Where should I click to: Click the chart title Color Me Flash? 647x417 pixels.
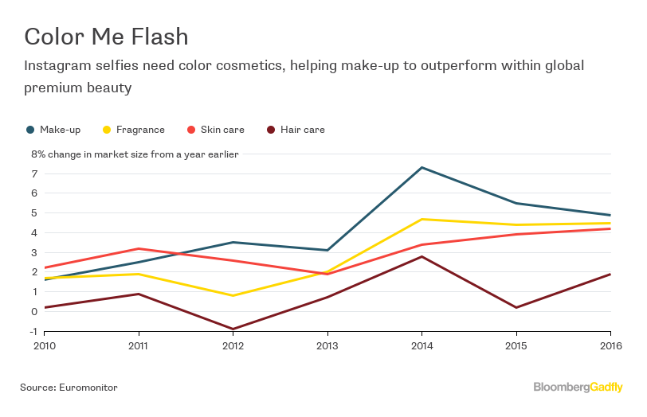(106, 37)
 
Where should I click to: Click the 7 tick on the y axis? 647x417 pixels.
(35, 173)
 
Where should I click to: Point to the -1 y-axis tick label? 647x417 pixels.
(33, 331)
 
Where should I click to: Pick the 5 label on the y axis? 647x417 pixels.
(35, 213)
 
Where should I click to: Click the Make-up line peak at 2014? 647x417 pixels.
(422, 167)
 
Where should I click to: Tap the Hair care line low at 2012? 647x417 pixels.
(233, 329)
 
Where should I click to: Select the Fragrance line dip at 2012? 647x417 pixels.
(233, 295)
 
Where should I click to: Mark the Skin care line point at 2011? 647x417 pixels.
(139, 248)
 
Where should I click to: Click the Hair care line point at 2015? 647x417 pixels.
(516, 307)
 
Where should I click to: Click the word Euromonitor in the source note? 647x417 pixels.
(88, 388)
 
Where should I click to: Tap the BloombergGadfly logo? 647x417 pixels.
(578, 388)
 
